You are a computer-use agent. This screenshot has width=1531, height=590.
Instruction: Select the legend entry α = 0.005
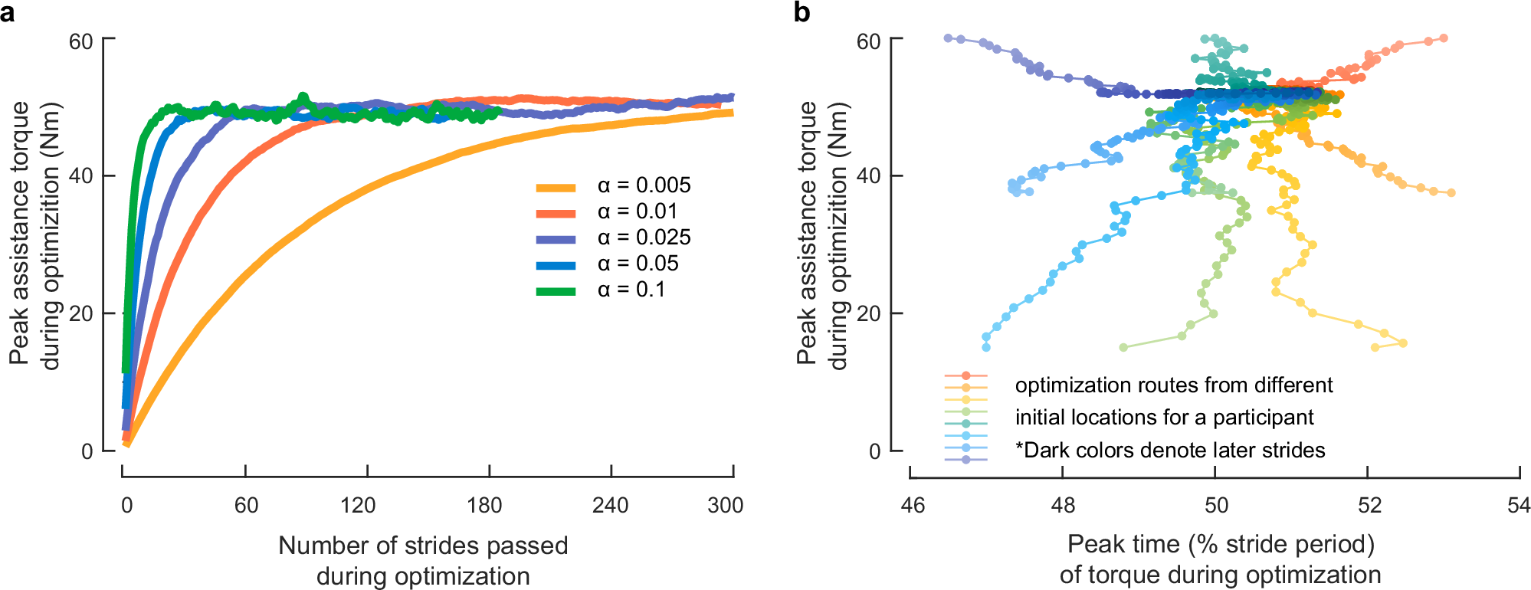(644, 185)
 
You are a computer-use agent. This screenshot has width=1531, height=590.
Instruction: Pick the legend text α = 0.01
(638, 211)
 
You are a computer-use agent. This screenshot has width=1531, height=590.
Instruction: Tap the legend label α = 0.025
(644, 238)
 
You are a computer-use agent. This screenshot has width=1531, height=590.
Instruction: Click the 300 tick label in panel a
(725, 505)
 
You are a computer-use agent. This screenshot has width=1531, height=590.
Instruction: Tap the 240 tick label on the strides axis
(610, 505)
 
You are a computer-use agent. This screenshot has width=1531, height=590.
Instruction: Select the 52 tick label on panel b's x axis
(1369, 505)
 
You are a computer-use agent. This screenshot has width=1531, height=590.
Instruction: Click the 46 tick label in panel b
(913, 505)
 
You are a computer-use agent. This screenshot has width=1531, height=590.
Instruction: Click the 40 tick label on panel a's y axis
(81, 176)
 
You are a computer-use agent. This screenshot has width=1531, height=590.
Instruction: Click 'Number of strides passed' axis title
(423, 546)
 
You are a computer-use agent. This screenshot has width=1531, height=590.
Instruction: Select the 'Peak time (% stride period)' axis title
(1221, 544)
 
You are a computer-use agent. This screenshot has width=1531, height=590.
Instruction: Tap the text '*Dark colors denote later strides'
(1170, 450)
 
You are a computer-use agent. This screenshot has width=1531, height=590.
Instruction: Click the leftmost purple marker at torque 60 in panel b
(948, 38)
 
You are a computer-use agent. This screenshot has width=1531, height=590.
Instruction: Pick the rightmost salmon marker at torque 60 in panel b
(1444, 38)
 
